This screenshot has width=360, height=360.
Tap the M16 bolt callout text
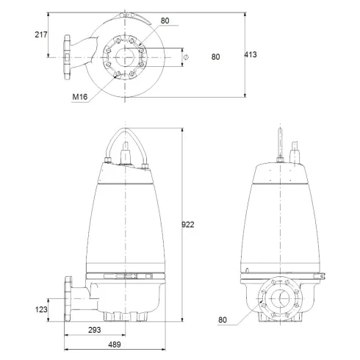[x=79, y=96]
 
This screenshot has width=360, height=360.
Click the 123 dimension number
[x=42, y=310]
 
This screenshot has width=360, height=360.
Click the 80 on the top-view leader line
[x=164, y=21]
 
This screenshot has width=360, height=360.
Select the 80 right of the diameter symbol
[x=215, y=56]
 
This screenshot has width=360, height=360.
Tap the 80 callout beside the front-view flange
[x=222, y=320]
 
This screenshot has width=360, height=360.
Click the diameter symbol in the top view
[x=186, y=57]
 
